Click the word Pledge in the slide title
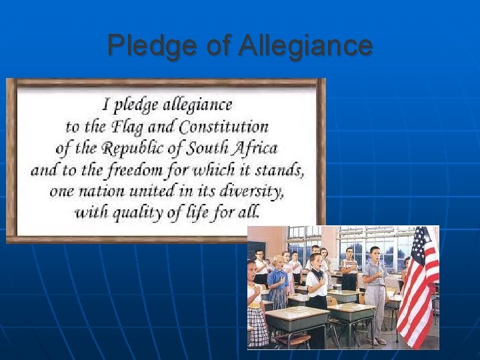[143, 46]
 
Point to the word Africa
[253, 147]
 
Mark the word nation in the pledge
[95, 191]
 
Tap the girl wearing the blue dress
[277, 283]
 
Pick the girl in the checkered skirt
[257, 307]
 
